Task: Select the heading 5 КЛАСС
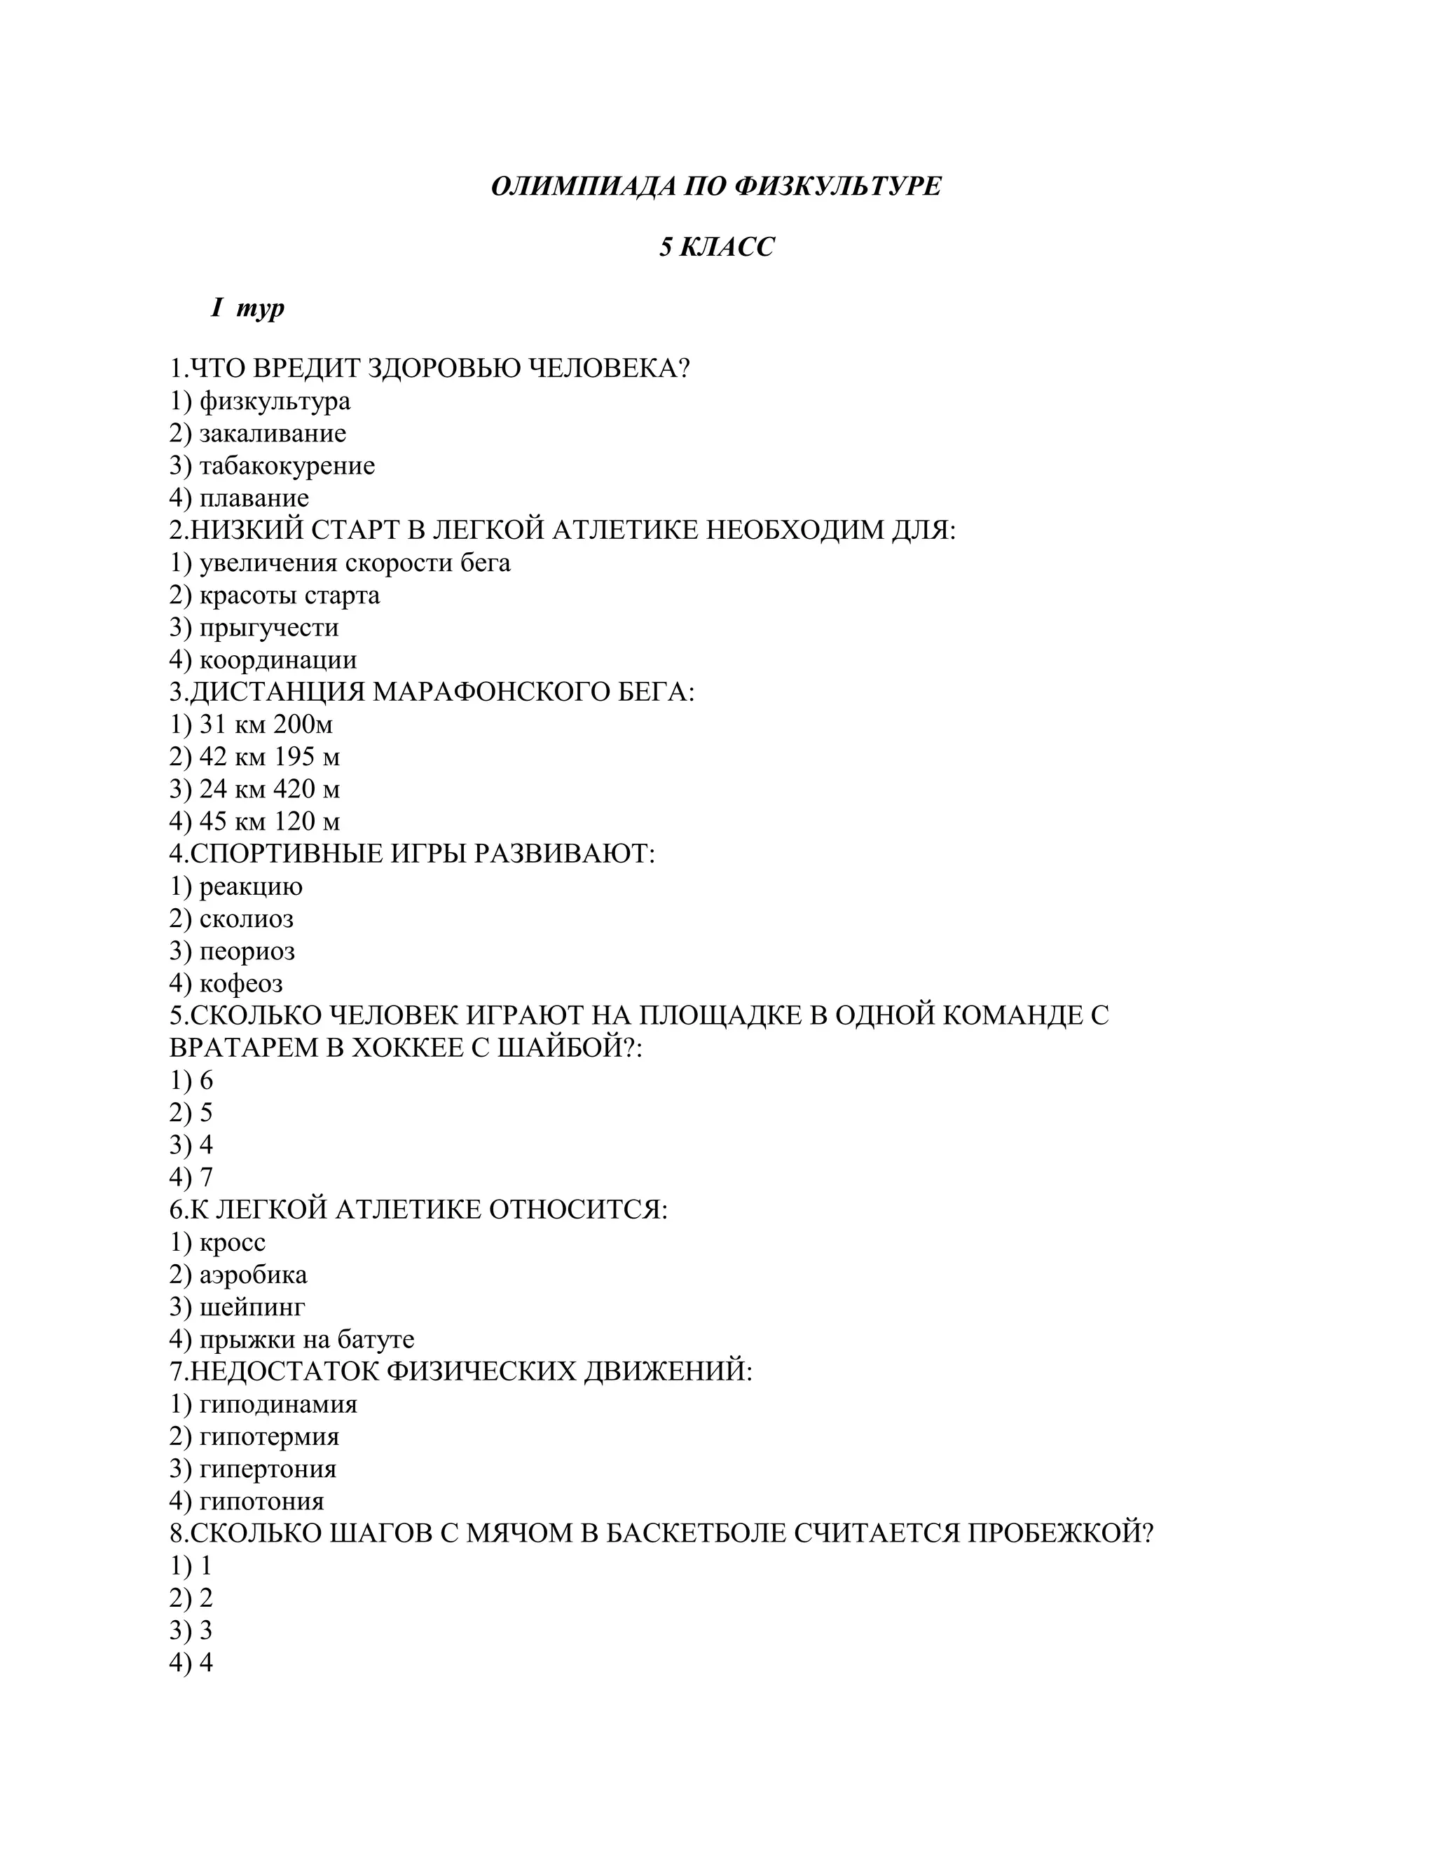[717, 247]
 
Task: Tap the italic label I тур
[247, 308]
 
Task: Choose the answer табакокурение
[287, 466]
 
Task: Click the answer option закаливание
[272, 434]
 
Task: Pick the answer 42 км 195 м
[270, 757]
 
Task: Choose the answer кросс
[232, 1242]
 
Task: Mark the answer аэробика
[254, 1275]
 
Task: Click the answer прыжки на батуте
[307, 1339]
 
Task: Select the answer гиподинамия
[278, 1404]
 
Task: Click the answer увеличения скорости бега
[355, 563]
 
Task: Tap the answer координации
[278, 660]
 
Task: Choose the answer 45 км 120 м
[270, 821]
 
